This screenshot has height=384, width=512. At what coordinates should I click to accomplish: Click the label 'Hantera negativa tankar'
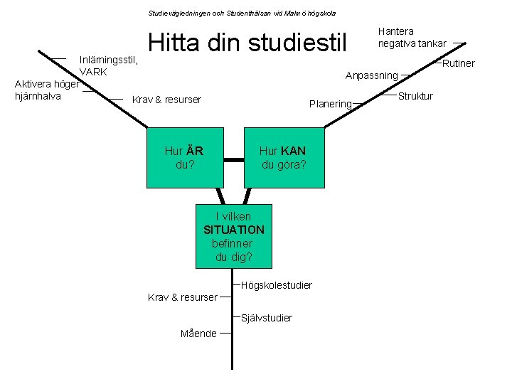(412, 38)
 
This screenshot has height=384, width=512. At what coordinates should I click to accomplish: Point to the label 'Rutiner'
(459, 64)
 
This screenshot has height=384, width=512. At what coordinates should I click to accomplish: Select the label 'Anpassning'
(371, 75)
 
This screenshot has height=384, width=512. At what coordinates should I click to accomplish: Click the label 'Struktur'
(415, 96)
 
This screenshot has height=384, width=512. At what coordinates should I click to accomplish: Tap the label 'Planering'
(330, 104)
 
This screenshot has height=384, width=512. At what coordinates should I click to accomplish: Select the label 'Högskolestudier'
(277, 285)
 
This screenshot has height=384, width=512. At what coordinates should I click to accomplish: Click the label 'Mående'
(198, 334)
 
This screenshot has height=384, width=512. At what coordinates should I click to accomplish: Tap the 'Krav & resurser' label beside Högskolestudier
(182, 297)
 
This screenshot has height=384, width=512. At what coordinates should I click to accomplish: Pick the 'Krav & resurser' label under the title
(166, 100)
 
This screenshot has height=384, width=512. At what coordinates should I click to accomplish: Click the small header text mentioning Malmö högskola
(242, 13)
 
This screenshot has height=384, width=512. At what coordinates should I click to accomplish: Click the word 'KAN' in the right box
(293, 151)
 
